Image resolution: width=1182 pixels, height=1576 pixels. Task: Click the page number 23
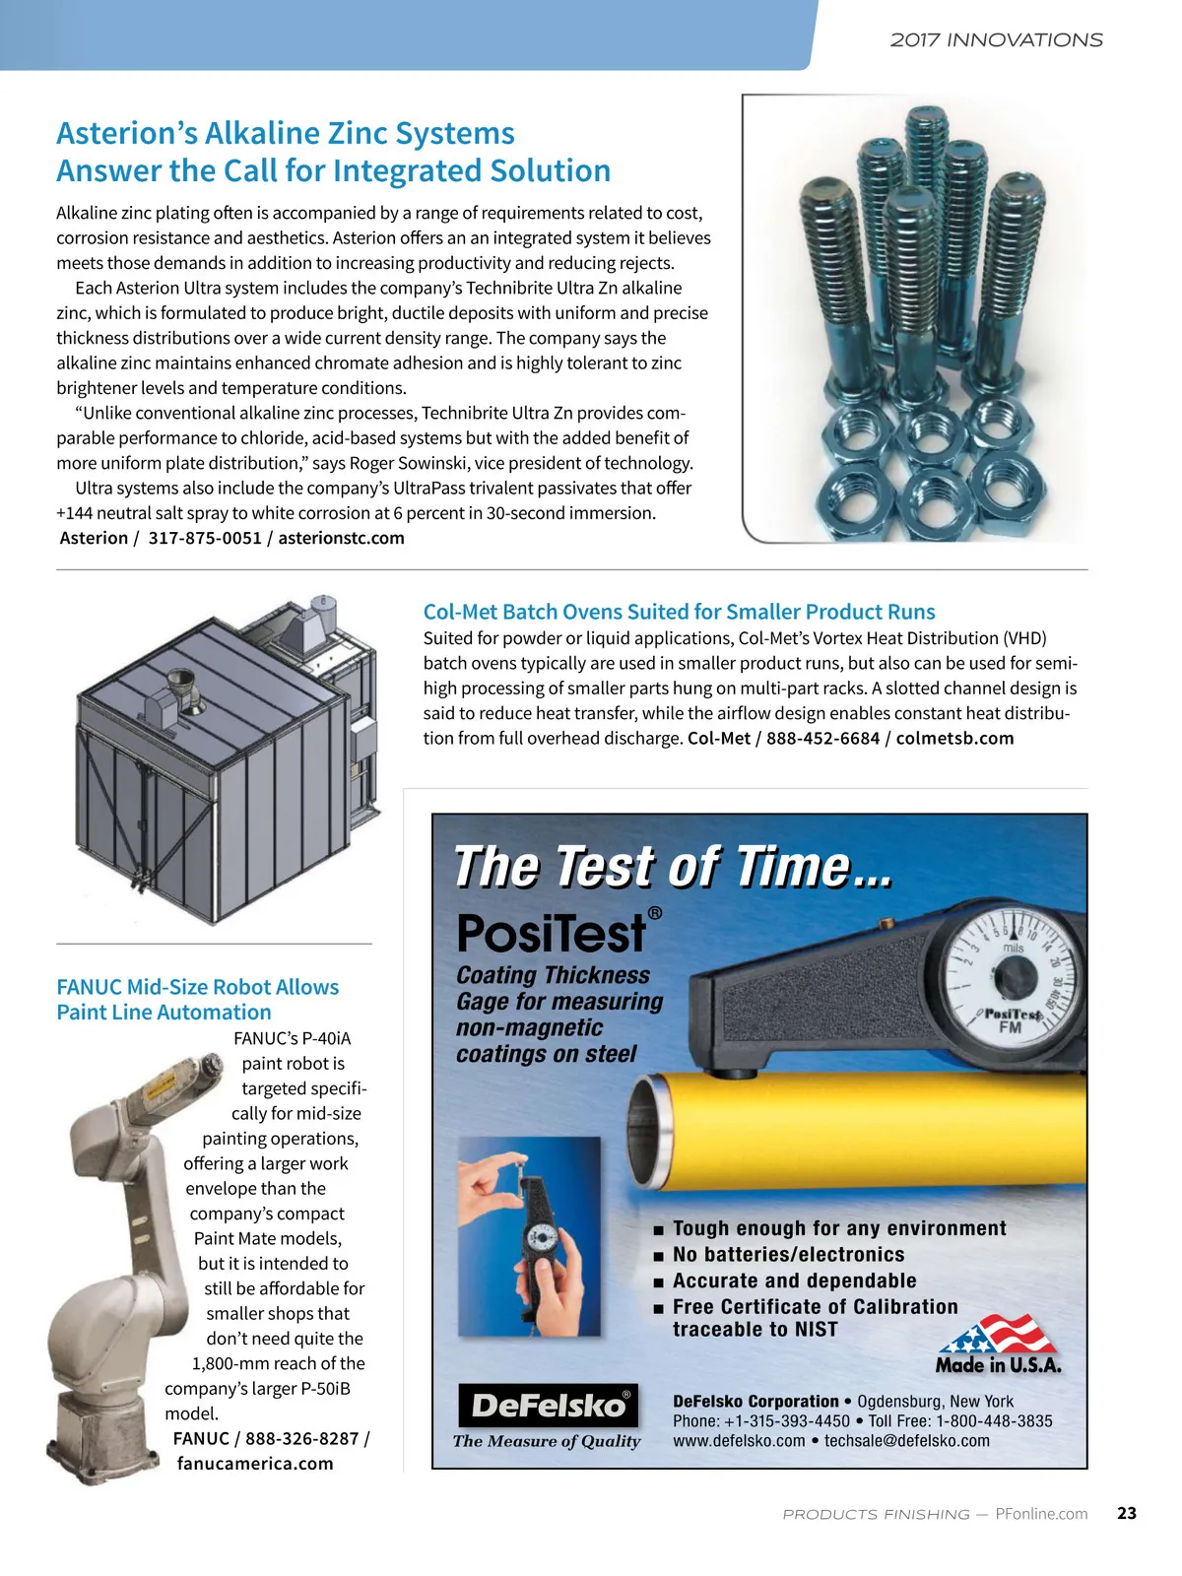1127,1513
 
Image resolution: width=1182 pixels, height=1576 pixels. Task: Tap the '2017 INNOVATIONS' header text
996,40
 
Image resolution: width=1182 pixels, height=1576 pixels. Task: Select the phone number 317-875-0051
205,538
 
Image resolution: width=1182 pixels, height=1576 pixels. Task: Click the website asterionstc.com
341,538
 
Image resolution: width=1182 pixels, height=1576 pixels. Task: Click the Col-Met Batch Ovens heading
679,612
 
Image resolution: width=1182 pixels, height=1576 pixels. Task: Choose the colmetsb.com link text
954,738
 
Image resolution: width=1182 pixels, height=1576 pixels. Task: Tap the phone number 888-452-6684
822,738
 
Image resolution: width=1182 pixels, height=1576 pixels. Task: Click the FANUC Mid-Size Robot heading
197,999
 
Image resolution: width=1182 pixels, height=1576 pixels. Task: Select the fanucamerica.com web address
255,1463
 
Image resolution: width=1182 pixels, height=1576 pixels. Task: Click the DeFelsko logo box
549,1406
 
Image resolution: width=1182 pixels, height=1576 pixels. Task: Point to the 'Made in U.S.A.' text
998,1365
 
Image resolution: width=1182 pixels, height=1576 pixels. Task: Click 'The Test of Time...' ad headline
674,867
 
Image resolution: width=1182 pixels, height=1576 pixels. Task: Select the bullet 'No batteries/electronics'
788,1254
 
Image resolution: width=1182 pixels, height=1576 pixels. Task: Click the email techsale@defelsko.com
906,1440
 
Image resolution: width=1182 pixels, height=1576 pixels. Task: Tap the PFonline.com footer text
1041,1514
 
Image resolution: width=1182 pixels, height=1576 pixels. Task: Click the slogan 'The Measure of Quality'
547,1441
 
